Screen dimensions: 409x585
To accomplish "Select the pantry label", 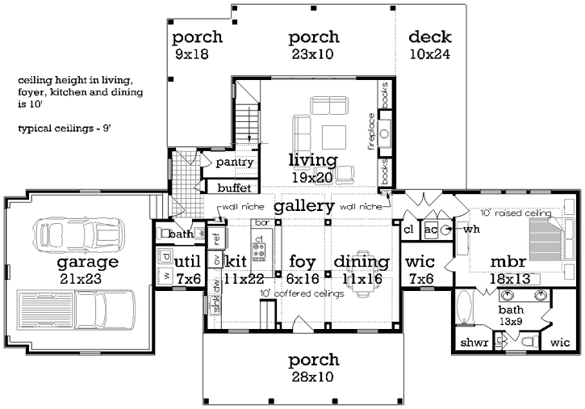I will click(235, 162).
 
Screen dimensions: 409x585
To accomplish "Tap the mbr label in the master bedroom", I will click(510, 262).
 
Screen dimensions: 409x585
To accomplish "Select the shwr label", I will click(474, 344).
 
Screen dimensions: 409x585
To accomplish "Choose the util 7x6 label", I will click(187, 268).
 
